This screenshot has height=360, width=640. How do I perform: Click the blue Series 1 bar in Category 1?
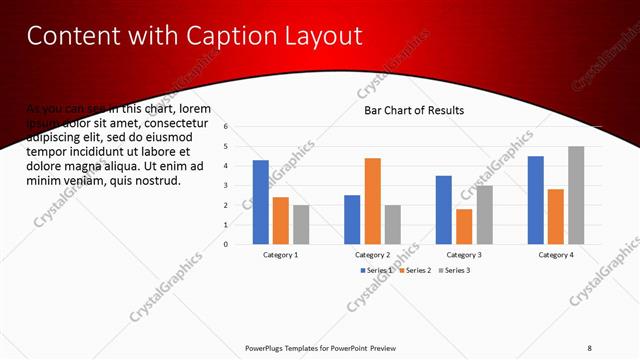coord(260,202)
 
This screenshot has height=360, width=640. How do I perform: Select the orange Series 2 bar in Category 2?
coord(372,201)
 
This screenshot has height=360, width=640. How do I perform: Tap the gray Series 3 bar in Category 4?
coord(576,195)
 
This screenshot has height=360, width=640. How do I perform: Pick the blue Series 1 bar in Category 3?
coord(443,210)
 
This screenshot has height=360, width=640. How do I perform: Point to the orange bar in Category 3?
coord(463,226)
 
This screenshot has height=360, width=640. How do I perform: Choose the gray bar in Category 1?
coord(301,224)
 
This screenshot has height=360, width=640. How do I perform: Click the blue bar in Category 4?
coord(536,200)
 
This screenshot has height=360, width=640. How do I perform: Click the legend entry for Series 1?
coord(377,270)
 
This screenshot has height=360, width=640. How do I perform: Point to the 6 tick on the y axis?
coord(227,127)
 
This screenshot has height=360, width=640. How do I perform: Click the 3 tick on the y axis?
coord(227,185)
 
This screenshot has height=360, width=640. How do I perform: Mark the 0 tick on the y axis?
coord(227,244)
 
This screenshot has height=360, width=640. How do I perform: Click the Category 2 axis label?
coord(372,255)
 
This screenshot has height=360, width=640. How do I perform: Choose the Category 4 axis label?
coord(556,255)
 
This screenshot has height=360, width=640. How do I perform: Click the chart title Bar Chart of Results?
coord(413,110)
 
